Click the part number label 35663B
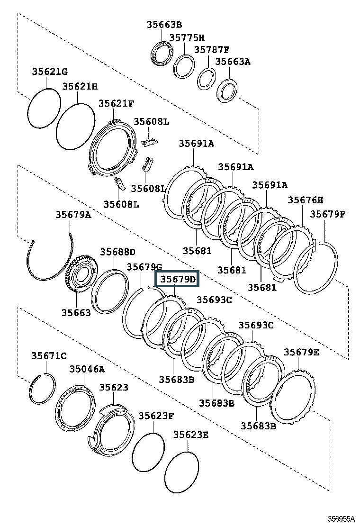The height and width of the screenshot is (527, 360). pos(164,24)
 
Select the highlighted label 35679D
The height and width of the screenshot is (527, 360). pos(177,279)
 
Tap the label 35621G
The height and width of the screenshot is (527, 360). pos(50,71)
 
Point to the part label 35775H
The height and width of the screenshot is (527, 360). pos(187,37)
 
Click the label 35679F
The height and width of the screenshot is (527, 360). pos(327,214)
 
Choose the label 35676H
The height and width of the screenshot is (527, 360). pos(305,200)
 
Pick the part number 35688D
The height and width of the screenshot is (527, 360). pos(117,252)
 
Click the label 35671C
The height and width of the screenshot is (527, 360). pos(49,355)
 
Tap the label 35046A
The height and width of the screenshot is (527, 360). pos(87,369)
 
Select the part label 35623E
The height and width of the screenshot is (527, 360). pos(191,435)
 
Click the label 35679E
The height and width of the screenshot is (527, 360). pos(301,352)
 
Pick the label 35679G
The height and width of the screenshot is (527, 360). pos(144,267)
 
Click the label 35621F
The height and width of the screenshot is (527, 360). pos(116,103)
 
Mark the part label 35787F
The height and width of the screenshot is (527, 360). pos(212,50)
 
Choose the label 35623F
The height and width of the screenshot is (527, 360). pos(156,416)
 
